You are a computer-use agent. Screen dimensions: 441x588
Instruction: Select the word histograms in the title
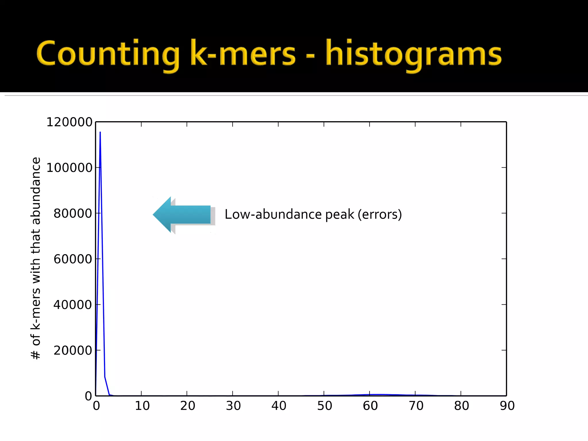point(413,55)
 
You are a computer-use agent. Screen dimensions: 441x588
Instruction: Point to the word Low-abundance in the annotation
point(273,214)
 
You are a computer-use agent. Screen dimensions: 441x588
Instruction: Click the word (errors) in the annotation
point(380,214)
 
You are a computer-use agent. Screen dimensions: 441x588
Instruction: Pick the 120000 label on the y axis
point(69,122)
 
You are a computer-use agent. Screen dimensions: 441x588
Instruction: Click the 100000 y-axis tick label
point(69,168)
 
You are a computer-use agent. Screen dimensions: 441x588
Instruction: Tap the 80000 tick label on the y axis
point(73,213)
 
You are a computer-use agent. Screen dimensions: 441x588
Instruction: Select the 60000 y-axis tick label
point(73,259)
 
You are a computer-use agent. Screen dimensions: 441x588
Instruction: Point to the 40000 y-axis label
point(73,305)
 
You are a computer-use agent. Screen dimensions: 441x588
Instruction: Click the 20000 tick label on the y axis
point(73,350)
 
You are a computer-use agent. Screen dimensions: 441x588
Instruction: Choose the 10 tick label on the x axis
point(142,406)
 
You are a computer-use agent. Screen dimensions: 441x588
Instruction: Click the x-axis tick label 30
point(233,406)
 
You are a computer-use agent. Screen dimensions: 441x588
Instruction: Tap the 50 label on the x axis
point(324,406)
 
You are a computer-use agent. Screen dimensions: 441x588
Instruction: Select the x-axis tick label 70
point(416,406)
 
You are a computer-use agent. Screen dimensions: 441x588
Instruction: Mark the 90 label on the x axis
point(507,406)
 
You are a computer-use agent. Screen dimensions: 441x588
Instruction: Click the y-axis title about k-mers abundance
point(36,258)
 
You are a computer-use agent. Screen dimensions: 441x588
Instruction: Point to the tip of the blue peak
point(100,132)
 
